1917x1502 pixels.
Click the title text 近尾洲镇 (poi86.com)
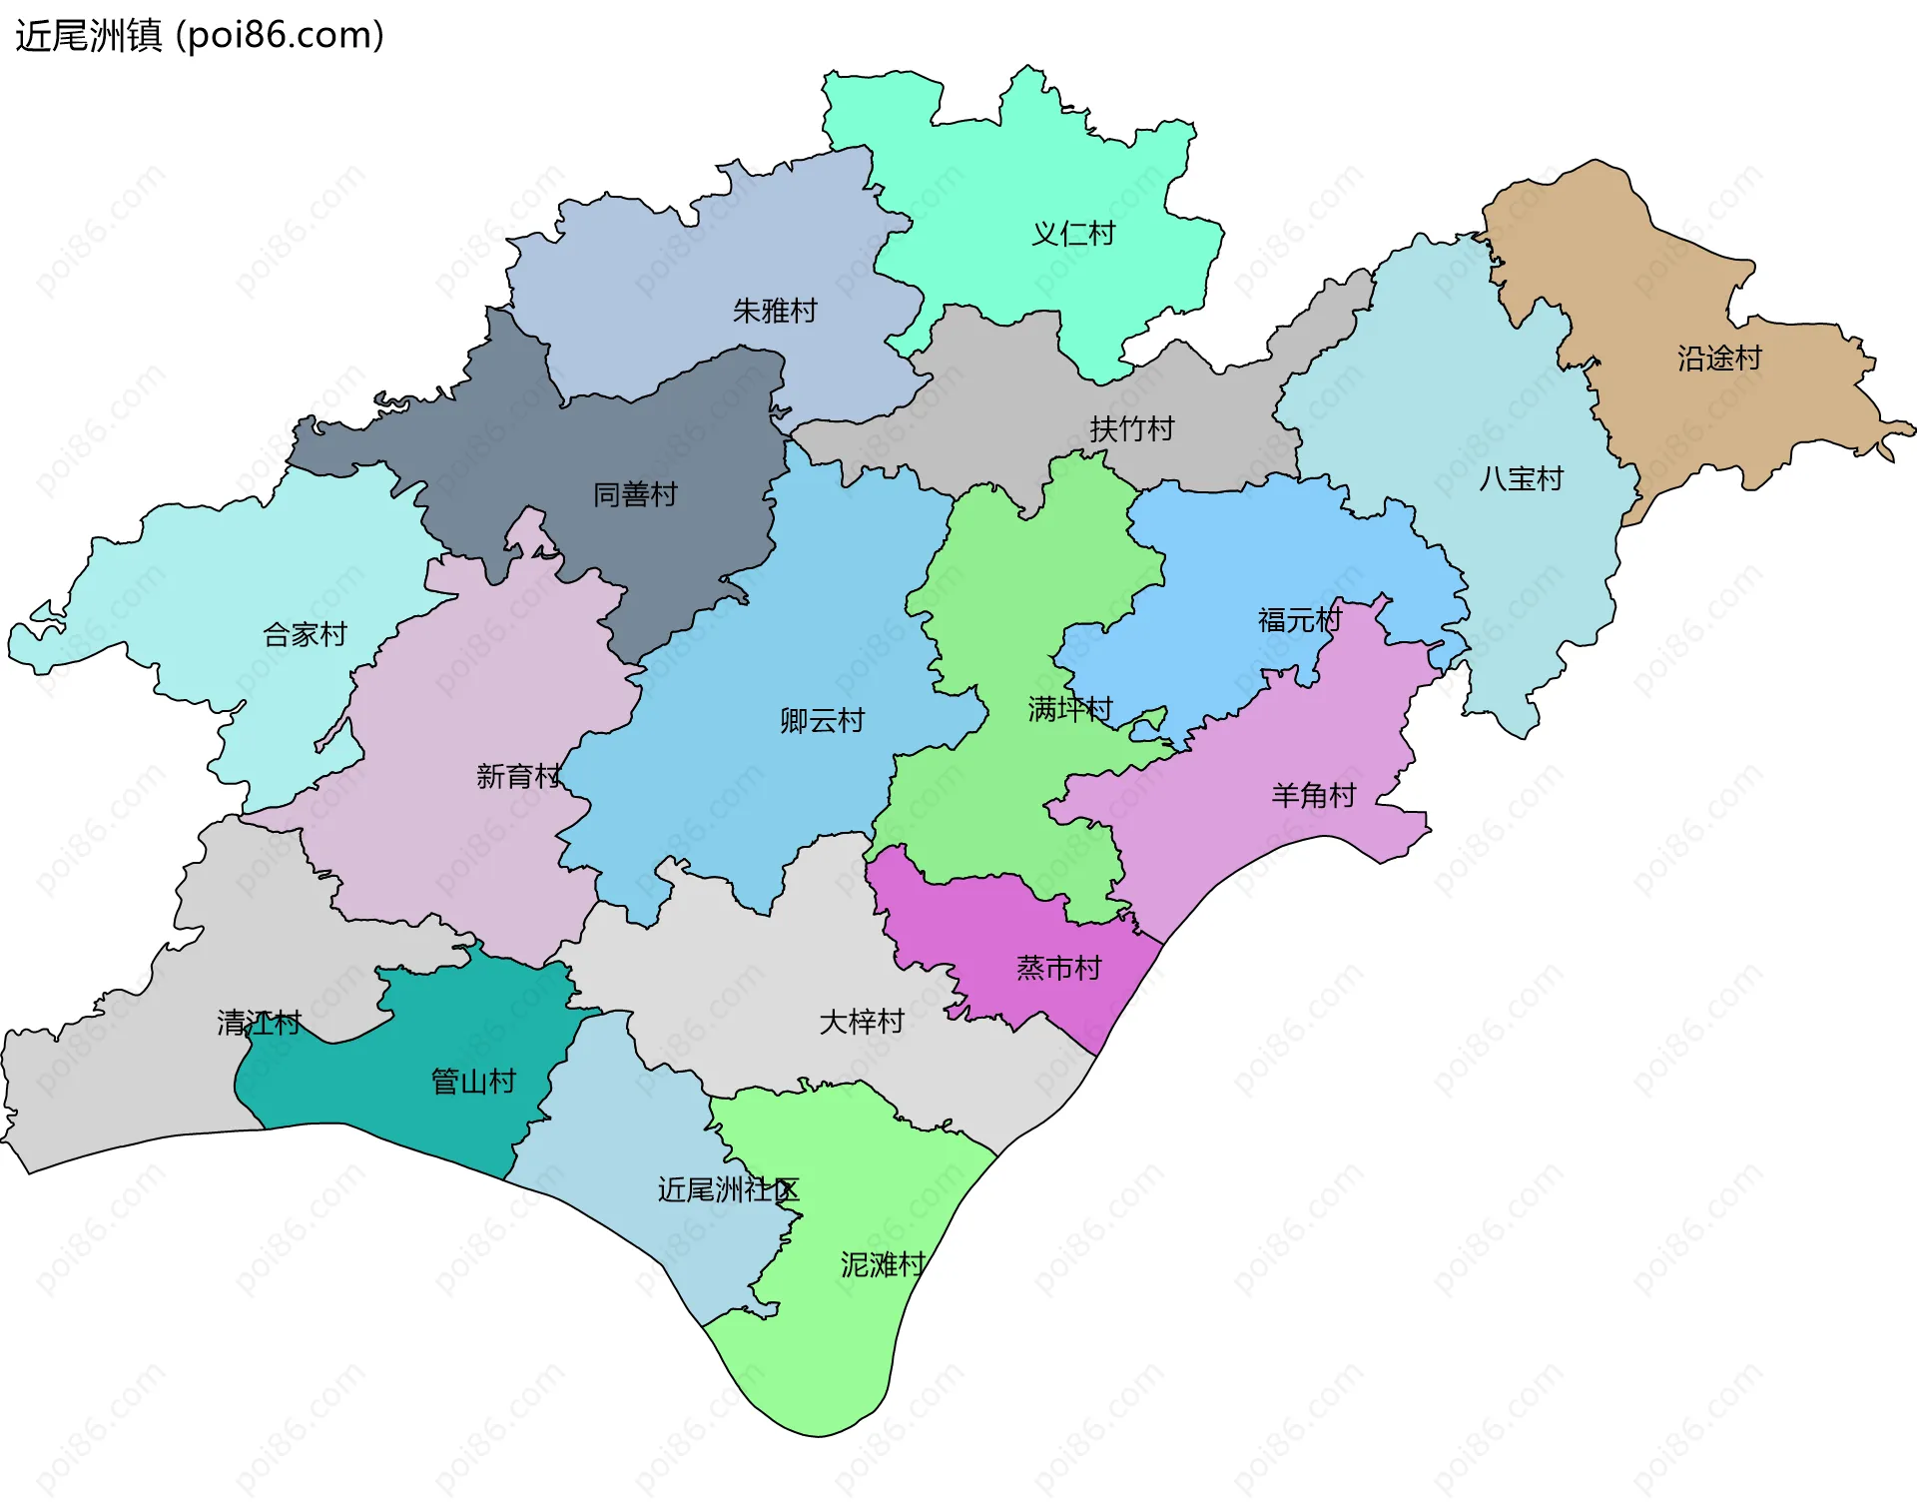tap(200, 36)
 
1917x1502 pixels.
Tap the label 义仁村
tap(1072, 234)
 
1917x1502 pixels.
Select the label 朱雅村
tap(775, 311)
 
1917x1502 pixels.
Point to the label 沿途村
tap(1719, 359)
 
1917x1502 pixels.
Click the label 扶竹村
tap(1131, 429)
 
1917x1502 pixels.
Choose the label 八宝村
tap(1521, 479)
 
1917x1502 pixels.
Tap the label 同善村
tap(635, 494)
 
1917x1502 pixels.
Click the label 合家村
tap(305, 634)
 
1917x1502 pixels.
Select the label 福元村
tap(1300, 620)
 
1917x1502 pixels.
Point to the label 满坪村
tap(1070, 709)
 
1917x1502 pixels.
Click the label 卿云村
tap(822, 720)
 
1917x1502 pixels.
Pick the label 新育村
tap(518, 776)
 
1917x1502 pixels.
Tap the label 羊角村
tap(1313, 796)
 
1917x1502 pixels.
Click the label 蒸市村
tap(1058, 968)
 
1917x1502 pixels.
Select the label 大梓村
tap(861, 1022)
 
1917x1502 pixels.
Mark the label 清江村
tap(259, 1023)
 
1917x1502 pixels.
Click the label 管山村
tap(473, 1081)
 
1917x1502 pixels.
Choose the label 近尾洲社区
tap(728, 1189)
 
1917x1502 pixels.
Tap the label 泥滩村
tap(883, 1264)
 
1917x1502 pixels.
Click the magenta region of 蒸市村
tap(998, 929)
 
